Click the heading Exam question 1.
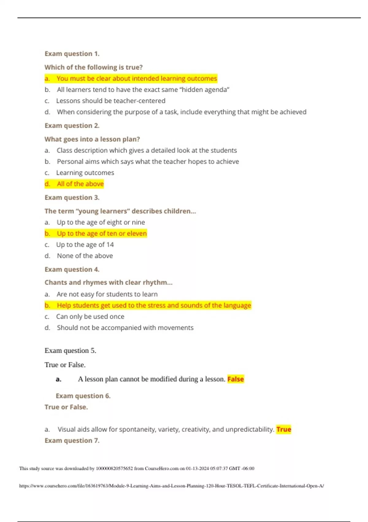tap(72, 54)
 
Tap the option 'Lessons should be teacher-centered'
tap(110, 101)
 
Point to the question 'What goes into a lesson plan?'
tap(92, 139)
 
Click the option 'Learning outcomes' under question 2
tap(85, 173)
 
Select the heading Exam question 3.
tap(72, 197)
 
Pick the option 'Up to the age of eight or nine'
tap(101, 222)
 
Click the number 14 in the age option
tap(110, 245)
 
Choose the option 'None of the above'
tap(85, 256)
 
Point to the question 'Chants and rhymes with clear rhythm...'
tap(108, 282)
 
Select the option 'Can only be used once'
tap(90, 317)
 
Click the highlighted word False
tap(236, 379)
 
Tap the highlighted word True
tap(284, 429)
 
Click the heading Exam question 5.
tap(70, 351)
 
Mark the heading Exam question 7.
tap(72, 441)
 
